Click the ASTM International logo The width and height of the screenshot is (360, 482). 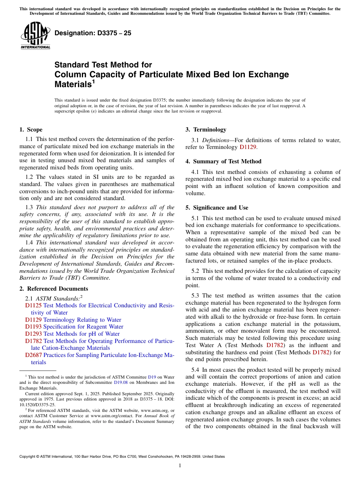tap(35, 35)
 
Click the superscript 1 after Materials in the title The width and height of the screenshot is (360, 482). tap(93, 81)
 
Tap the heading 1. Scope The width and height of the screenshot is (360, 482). tap(31, 130)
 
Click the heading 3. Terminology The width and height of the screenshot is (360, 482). tap(206, 130)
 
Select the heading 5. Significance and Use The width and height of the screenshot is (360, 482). tap(217, 208)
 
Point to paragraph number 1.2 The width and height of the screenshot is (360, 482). tap(30, 177)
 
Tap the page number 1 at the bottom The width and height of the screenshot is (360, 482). tap(180, 466)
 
